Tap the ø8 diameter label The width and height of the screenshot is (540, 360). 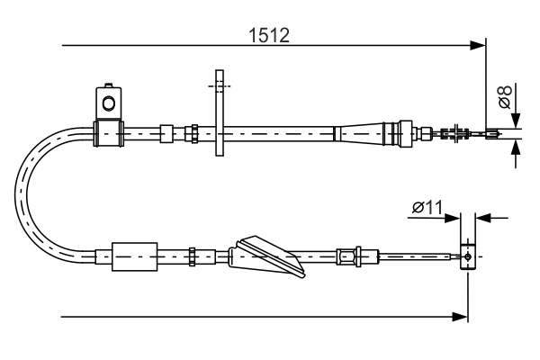pyautogui.click(x=505, y=96)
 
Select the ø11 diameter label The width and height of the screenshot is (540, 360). pyautogui.click(x=427, y=209)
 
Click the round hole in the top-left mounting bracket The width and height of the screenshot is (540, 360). pyautogui.click(x=109, y=101)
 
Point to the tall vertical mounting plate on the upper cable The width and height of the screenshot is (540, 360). pyautogui.click(x=219, y=111)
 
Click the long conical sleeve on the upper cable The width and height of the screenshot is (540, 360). pyautogui.click(x=364, y=134)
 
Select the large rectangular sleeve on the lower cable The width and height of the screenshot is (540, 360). pyautogui.click(x=132, y=257)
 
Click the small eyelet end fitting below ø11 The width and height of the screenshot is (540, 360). pyautogui.click(x=467, y=256)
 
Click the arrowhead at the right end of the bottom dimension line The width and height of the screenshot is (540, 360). pyautogui.click(x=462, y=316)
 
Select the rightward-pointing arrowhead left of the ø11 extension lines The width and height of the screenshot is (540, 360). pyautogui.click(x=455, y=217)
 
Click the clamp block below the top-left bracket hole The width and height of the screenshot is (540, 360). pyautogui.click(x=109, y=133)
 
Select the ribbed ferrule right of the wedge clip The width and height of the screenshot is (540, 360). pyautogui.click(x=347, y=256)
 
